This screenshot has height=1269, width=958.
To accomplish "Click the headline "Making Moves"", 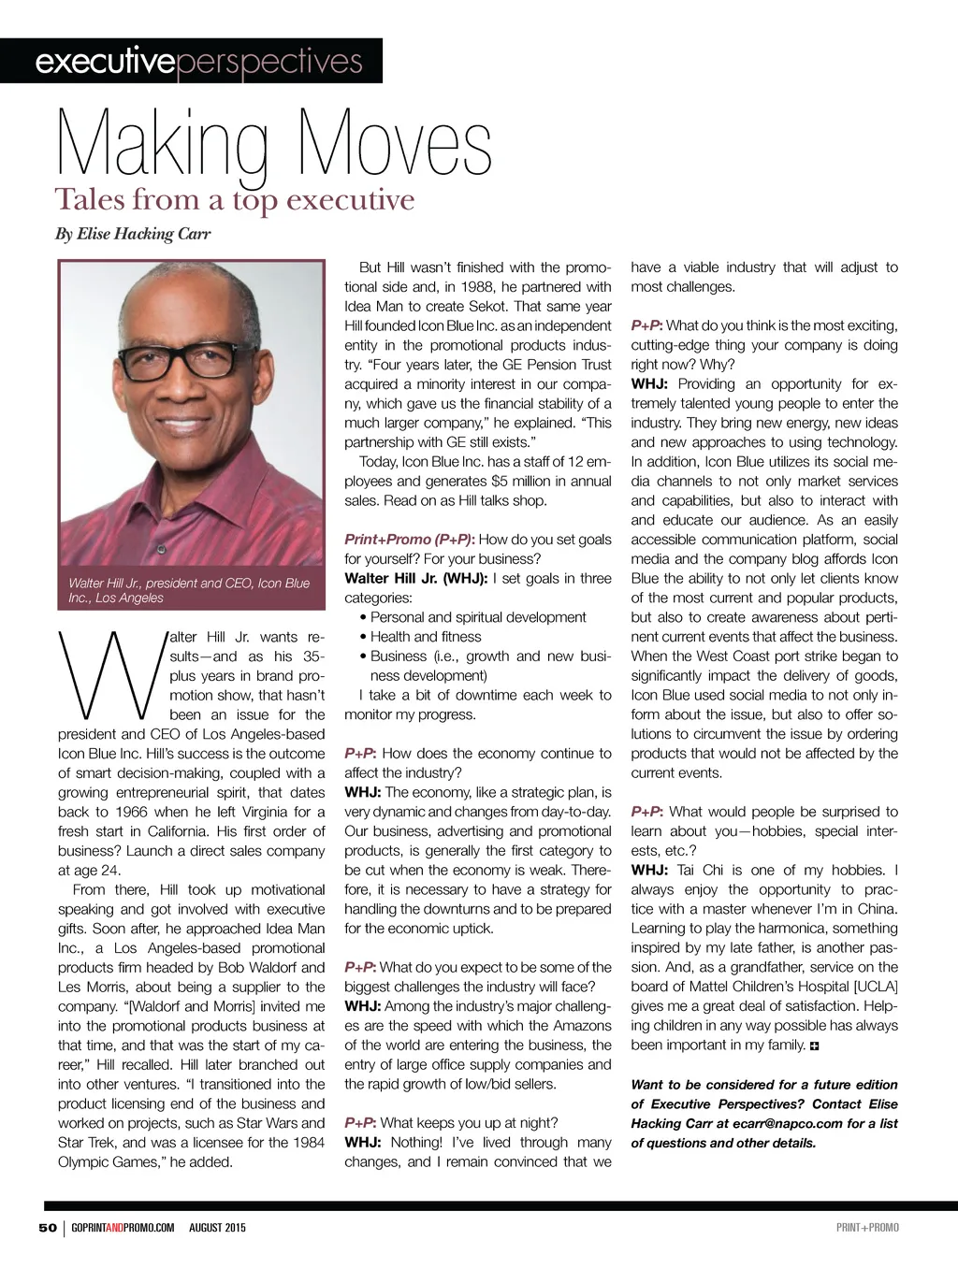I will pyautogui.click(x=274, y=146).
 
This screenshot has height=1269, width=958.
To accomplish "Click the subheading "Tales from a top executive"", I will pyautogui.click(x=234, y=200).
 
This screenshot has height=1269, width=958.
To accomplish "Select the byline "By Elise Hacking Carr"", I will pyautogui.click(x=133, y=234).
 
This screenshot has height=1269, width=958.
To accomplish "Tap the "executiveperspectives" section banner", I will pyautogui.click(x=197, y=62).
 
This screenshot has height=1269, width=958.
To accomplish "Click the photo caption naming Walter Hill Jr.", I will pyautogui.click(x=188, y=590).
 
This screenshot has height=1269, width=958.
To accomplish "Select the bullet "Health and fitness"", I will pyautogui.click(x=425, y=637).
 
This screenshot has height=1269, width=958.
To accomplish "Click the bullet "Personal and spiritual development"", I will pyautogui.click(x=477, y=617).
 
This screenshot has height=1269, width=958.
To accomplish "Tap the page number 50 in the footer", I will pyautogui.click(x=48, y=1227).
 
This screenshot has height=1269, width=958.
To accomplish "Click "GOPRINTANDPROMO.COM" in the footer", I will pyautogui.click(x=123, y=1227).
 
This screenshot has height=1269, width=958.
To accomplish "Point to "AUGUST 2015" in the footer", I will pyautogui.click(x=217, y=1227).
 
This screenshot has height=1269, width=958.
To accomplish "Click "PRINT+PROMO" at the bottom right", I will pyautogui.click(x=867, y=1227).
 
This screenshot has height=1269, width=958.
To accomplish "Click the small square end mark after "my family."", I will pyautogui.click(x=814, y=1045).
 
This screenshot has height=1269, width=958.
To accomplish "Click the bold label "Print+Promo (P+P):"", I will pyautogui.click(x=409, y=540).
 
